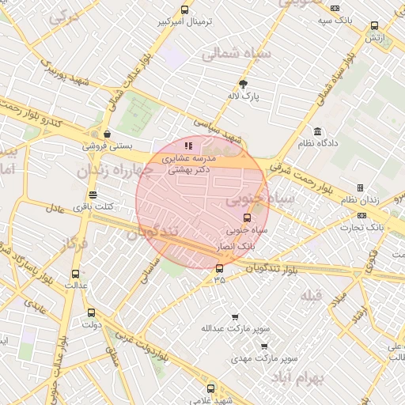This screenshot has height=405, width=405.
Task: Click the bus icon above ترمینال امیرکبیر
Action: (x=184, y=9)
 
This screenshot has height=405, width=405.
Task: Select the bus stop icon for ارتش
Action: (x=373, y=25)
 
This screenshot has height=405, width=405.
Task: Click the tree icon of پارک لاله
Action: (x=243, y=84)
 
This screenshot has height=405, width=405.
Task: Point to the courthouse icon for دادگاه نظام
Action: (x=317, y=131)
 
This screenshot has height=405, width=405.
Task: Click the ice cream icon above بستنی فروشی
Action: (x=105, y=134)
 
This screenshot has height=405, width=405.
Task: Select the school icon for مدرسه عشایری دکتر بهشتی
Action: (x=187, y=146)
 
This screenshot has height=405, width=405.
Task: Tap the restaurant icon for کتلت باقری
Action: (x=93, y=194)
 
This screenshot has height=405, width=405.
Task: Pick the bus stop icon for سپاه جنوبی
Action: (x=246, y=218)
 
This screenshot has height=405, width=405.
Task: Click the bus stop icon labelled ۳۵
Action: (x=219, y=267)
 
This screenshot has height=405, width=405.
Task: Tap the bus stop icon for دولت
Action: (x=90, y=312)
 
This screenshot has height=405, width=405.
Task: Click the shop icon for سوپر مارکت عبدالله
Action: (x=234, y=317)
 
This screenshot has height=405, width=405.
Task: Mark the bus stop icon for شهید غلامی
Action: (x=210, y=388)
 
